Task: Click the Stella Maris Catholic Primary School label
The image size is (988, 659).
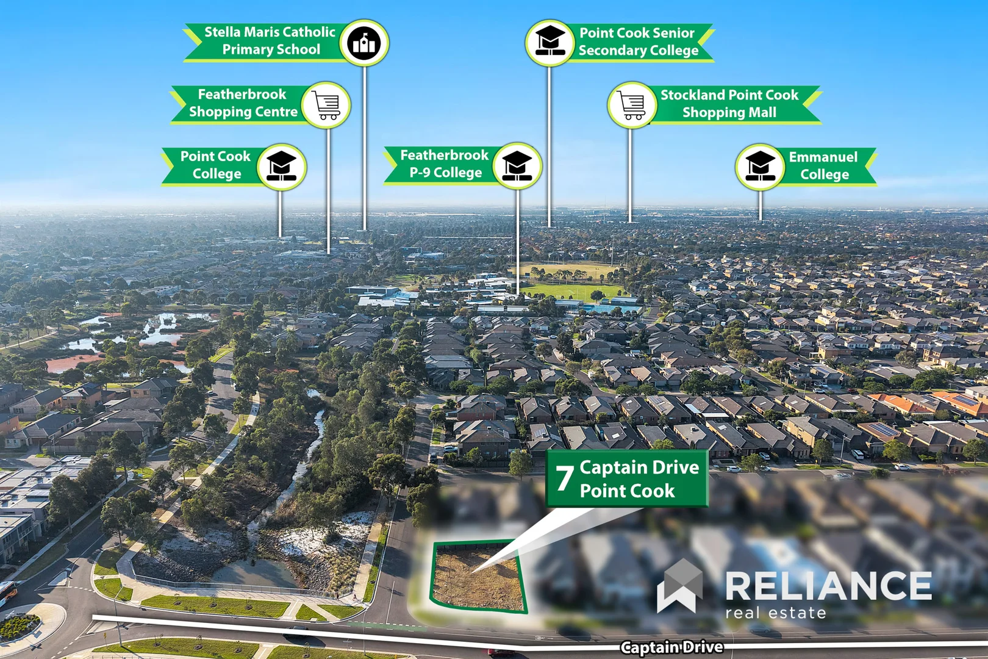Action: pos(270,41)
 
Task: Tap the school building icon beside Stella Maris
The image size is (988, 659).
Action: pos(364,43)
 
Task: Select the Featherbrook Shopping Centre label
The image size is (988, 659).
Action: pos(243,103)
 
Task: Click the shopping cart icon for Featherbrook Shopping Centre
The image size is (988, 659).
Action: pos(326,105)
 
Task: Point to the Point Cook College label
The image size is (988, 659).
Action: pos(216,165)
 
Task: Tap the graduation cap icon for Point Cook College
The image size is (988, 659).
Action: pos(282,167)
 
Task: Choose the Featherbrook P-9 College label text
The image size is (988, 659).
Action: pos(445,164)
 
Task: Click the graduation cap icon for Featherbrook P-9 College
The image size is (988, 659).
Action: pos(517,165)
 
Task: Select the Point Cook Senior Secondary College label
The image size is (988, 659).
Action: pos(638,41)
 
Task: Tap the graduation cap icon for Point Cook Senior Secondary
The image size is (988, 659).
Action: pos(549,43)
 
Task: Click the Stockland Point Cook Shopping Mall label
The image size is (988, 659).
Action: pos(729,103)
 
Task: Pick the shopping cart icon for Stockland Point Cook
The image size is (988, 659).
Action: pos(632,105)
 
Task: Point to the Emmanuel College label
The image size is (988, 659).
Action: pos(823,165)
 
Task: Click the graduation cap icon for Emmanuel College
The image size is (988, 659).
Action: pos(760,167)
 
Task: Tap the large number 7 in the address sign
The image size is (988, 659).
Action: pos(564,478)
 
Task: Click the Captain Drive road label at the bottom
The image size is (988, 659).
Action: pos(671,647)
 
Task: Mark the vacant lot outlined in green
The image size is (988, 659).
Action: pos(478,576)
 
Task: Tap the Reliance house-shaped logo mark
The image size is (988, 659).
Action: pos(679,586)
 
